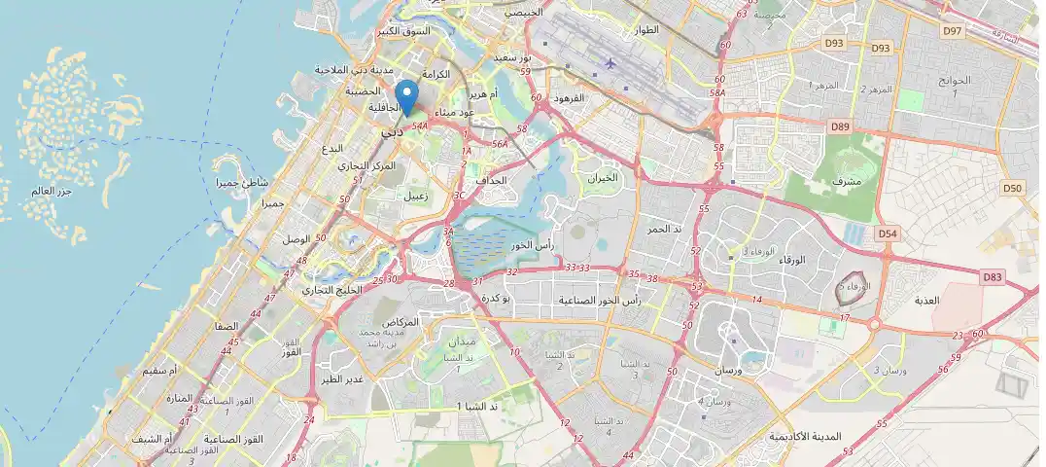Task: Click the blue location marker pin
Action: coord(409,98)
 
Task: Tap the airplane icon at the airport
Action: coord(610,63)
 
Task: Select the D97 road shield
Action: coord(952,32)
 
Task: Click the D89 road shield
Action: coord(840,126)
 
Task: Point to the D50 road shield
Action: coord(1013,188)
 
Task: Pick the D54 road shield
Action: coord(887,233)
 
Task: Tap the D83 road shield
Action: coord(992,277)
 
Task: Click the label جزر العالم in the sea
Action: coord(52,190)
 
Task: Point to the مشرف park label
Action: coord(847,182)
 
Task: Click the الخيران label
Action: coord(603,178)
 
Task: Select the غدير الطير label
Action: coord(342,379)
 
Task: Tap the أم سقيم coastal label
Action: coord(160,371)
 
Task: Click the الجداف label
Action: coord(492,180)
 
